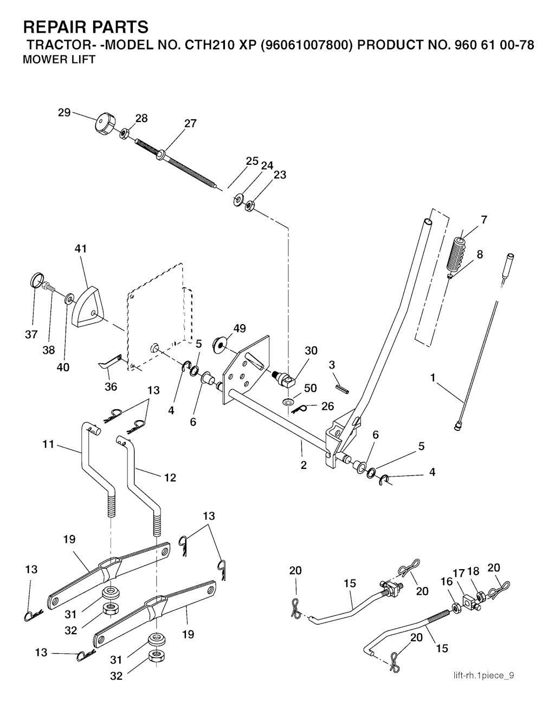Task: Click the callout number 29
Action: tap(64, 113)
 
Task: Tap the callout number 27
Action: tap(190, 124)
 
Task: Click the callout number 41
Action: tap(81, 249)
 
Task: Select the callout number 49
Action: tap(240, 328)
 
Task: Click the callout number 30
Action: tap(311, 351)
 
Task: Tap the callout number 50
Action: tap(311, 388)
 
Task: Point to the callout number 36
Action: tap(111, 387)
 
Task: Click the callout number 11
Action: tap(49, 445)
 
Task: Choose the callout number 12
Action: tap(170, 478)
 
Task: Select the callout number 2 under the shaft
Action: tap(304, 465)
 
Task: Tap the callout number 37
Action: tap(31, 334)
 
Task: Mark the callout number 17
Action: tap(459, 572)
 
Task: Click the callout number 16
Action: tap(446, 582)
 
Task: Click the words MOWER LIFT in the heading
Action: tap(59, 60)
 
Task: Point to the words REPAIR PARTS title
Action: tap(86, 27)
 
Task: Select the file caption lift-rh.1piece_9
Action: tap(484, 675)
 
